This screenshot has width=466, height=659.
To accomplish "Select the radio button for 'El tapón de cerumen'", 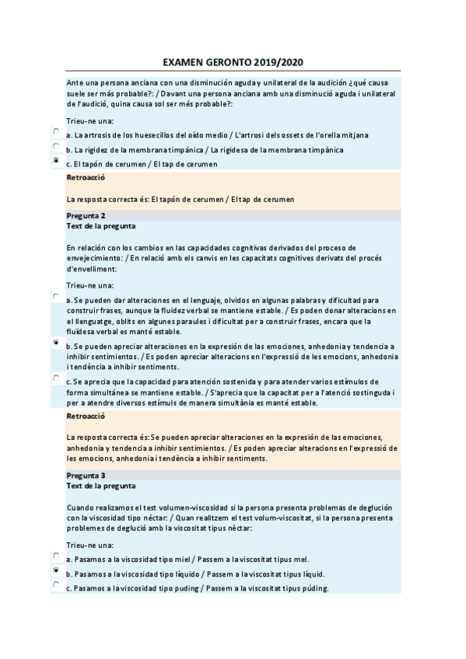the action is [57, 160].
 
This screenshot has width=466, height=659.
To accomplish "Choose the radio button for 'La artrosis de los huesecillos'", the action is [57, 131].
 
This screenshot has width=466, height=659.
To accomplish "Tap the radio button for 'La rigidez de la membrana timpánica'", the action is [57, 145].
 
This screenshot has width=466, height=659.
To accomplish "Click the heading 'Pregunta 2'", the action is [86, 215].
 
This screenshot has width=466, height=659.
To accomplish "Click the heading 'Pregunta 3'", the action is [86, 475].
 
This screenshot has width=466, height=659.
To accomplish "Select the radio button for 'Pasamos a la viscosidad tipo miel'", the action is [57, 556].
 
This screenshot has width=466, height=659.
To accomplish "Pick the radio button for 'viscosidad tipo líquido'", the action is [57, 570].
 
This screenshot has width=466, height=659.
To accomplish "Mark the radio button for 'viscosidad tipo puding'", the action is [57, 585].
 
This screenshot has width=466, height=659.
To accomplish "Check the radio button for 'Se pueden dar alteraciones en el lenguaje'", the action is [57, 296].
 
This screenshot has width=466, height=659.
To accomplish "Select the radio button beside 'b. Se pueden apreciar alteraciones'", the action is [57, 342].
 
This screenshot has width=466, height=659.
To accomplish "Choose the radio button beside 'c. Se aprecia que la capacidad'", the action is [57, 378].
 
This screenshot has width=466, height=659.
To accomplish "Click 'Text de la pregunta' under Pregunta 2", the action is [101, 225].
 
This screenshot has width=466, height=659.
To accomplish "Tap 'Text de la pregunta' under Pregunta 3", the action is [101, 486].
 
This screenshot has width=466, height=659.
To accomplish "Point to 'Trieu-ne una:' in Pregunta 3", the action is [89, 546].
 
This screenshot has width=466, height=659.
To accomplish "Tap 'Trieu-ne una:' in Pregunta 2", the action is [89, 285].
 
